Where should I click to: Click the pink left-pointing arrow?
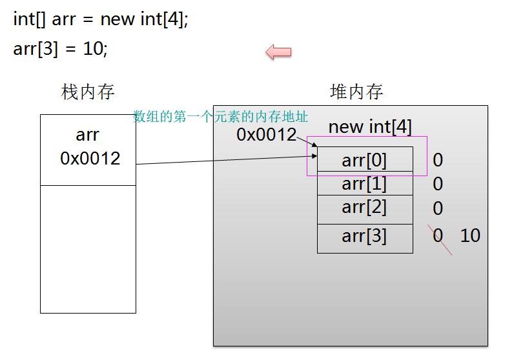[x=278, y=52]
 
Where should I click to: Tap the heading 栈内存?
[x=88, y=92]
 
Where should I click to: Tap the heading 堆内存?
[x=356, y=92]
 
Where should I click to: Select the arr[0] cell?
[x=364, y=159]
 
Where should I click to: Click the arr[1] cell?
[x=364, y=183]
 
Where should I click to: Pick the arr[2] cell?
[x=364, y=207]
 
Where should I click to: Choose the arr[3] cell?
[x=364, y=236]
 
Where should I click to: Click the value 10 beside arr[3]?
[x=470, y=236]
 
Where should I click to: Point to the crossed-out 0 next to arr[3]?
[x=438, y=236]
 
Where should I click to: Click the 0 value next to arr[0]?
[x=438, y=160]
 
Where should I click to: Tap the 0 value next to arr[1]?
[x=438, y=185]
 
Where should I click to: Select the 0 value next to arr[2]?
[x=438, y=208]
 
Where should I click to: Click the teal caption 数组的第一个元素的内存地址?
[x=220, y=117]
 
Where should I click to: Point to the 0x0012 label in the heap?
[x=266, y=135]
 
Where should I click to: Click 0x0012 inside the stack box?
[x=90, y=159]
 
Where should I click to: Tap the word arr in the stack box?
[x=88, y=135]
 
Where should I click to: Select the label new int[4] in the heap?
[x=369, y=126]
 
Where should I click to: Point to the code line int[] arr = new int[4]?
[x=101, y=19]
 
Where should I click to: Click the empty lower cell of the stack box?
[x=88, y=248]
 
